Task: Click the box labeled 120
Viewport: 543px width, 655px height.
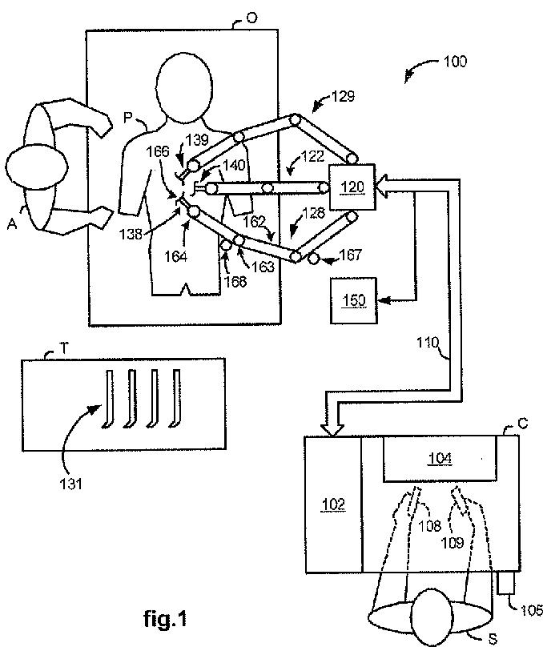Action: pyautogui.click(x=352, y=187)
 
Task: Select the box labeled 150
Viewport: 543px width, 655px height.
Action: pyautogui.click(x=353, y=300)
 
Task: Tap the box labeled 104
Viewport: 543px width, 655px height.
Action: pyautogui.click(x=440, y=458)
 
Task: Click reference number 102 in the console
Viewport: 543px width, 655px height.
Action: pyautogui.click(x=334, y=504)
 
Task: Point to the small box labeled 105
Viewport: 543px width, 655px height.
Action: pyautogui.click(x=506, y=582)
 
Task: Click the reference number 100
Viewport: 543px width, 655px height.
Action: pyautogui.click(x=455, y=62)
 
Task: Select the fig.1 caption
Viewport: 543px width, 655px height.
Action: pyautogui.click(x=165, y=618)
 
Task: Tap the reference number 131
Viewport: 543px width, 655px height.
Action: pyautogui.click(x=71, y=484)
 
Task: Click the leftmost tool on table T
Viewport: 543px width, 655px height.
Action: pyautogui.click(x=108, y=399)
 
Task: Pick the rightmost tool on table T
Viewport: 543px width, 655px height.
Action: pyautogui.click(x=175, y=399)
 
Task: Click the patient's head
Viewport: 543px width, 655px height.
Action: pyautogui.click(x=183, y=88)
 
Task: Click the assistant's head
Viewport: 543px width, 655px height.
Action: pyautogui.click(x=36, y=167)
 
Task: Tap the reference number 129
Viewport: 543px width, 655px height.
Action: pyautogui.click(x=343, y=97)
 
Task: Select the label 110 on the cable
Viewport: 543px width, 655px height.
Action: pyautogui.click(x=428, y=343)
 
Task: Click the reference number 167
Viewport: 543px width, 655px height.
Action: pyautogui.click(x=351, y=255)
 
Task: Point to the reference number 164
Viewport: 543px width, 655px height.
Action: pyautogui.click(x=175, y=256)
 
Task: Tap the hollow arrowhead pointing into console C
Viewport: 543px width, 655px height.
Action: pyautogui.click(x=332, y=431)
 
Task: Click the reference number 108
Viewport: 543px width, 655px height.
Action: pyautogui.click(x=430, y=525)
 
